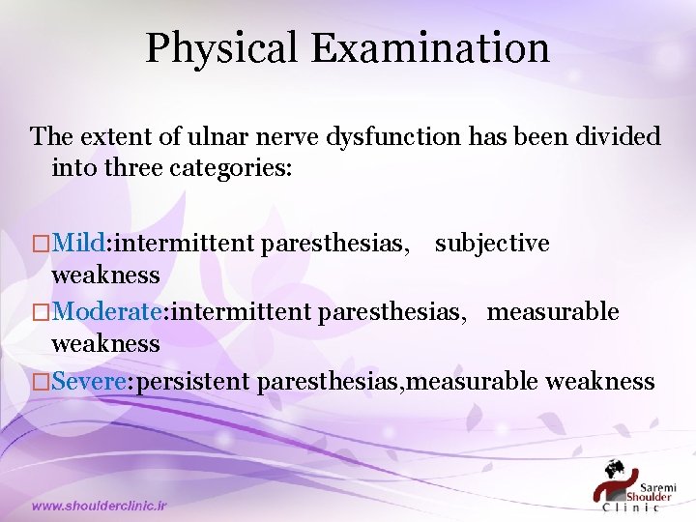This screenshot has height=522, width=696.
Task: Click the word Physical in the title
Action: coord(222,48)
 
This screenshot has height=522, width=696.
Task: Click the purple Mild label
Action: coord(80,244)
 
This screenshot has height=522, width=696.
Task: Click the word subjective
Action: coord(492,244)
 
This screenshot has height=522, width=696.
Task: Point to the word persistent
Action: coord(196,381)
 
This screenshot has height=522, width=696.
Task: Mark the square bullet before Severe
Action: coord(40,382)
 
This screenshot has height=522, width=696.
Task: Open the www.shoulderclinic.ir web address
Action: coord(100,506)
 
